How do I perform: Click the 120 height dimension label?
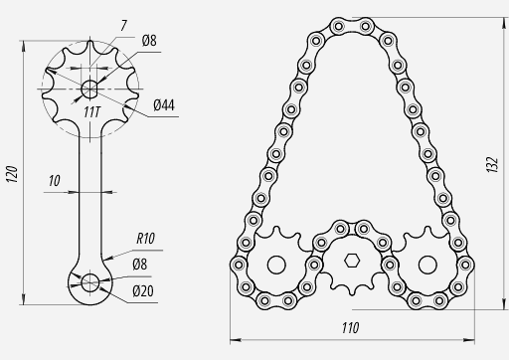[x=12, y=174]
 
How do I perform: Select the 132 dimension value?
[x=492, y=165]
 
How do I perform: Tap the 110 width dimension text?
[x=350, y=328]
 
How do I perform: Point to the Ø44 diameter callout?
[x=164, y=105]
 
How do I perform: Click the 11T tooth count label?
[x=91, y=112]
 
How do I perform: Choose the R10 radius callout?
[x=145, y=239]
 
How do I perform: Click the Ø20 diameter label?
[x=143, y=291]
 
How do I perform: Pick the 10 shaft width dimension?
[x=55, y=181]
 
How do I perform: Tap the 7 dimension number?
[x=123, y=26]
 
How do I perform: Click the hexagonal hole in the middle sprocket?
[x=352, y=261]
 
